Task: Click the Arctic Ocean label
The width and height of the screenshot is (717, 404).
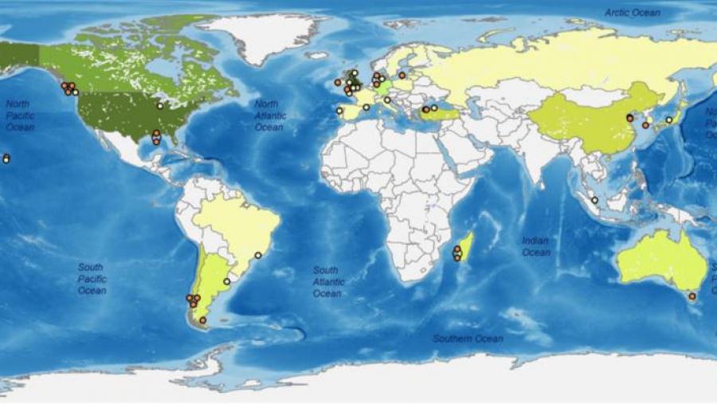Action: pos(633,13)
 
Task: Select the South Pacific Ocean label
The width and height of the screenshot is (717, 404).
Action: pos(92,279)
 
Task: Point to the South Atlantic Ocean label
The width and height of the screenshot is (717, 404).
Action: pos(328,282)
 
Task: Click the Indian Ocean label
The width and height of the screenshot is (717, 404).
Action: pos(535,246)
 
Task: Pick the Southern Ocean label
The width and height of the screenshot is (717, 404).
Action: pos(468,339)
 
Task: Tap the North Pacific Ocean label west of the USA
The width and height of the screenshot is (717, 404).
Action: pos(19,116)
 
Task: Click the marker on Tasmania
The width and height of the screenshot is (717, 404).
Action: pos(692,296)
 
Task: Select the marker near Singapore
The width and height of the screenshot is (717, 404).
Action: pos(594,200)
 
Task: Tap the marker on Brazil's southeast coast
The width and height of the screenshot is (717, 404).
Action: pos(257,255)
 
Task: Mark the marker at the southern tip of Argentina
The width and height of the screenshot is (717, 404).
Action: pos(202,320)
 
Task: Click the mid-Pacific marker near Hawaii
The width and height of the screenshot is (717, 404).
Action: pos(6,159)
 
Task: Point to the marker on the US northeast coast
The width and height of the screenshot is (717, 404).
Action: pos(160,105)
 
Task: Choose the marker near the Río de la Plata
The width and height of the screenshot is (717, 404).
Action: pos(226,281)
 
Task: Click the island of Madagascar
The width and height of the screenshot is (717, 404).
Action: pos(465,247)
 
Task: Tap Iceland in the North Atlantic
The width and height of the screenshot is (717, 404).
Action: pos(317,56)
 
